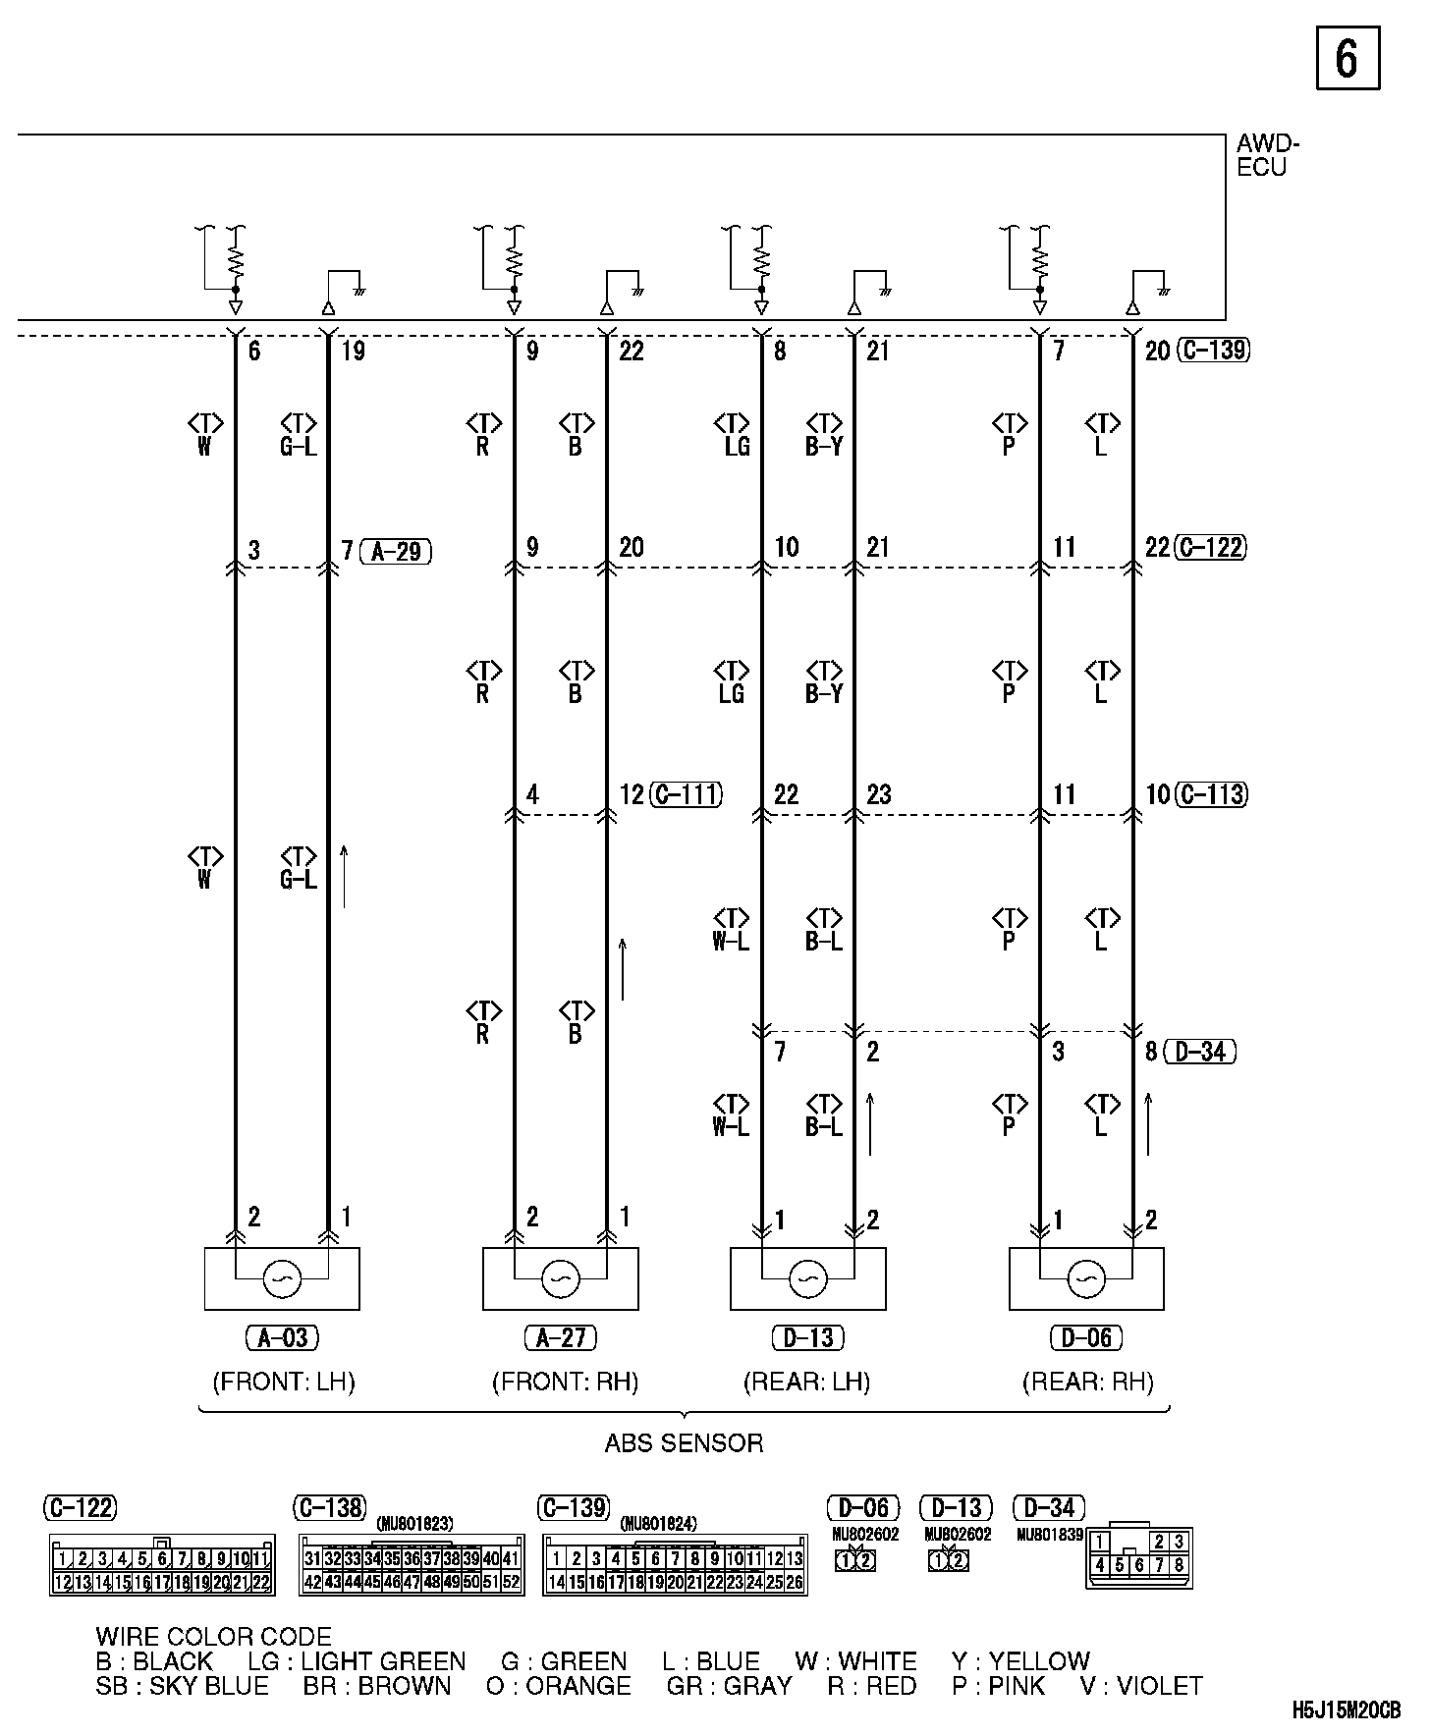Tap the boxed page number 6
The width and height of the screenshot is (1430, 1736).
pos(1347,59)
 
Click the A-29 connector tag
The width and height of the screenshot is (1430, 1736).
pos(396,551)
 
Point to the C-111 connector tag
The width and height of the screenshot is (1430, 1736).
pos(687,794)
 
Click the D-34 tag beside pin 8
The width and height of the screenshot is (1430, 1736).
pos(1199,1052)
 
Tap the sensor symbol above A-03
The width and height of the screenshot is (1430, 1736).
pos(282,1278)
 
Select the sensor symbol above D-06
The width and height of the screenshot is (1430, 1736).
pos(1086,1278)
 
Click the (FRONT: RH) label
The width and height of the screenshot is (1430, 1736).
pos(565,1383)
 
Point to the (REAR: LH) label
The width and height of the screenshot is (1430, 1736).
pos(807,1383)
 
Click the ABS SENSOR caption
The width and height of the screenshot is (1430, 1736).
pos(684,1443)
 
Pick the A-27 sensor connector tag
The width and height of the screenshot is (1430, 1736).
pos(561,1337)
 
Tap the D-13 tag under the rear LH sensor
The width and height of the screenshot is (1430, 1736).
pos(808,1337)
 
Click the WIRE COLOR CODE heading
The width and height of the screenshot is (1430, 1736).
pos(213,1637)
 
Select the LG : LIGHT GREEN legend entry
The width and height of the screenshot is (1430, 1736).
pos(357,1661)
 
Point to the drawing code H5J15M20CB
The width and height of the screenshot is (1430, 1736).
pos(1346,1709)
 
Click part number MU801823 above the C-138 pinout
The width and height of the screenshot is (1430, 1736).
pos(414,1524)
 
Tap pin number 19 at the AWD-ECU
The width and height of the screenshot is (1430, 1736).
pos(353,352)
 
